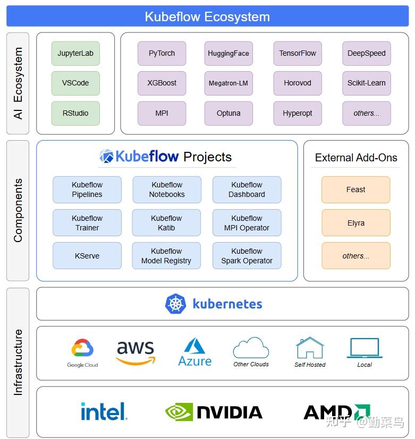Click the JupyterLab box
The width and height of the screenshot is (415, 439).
(x=75, y=53)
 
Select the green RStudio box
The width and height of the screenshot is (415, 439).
(x=75, y=113)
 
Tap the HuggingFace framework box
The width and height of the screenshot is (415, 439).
(x=228, y=53)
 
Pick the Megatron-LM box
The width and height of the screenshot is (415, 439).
(x=228, y=83)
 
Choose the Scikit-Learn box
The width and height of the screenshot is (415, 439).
(x=367, y=83)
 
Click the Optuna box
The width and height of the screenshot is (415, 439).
(x=228, y=113)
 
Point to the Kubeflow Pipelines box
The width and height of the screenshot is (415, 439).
(x=87, y=190)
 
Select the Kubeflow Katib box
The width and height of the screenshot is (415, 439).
(x=166, y=222)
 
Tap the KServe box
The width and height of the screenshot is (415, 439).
(x=87, y=256)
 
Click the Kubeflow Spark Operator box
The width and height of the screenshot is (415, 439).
(x=247, y=256)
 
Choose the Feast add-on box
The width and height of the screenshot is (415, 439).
(x=356, y=190)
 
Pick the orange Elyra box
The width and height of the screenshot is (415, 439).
(x=356, y=222)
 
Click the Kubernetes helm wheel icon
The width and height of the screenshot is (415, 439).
(x=176, y=304)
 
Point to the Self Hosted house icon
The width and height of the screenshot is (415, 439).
(x=310, y=348)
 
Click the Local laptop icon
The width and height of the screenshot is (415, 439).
(x=365, y=348)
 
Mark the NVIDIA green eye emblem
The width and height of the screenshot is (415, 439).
(x=179, y=412)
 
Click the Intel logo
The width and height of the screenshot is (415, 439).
(x=104, y=411)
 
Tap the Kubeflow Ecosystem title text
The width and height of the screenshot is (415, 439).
(x=207, y=16)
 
